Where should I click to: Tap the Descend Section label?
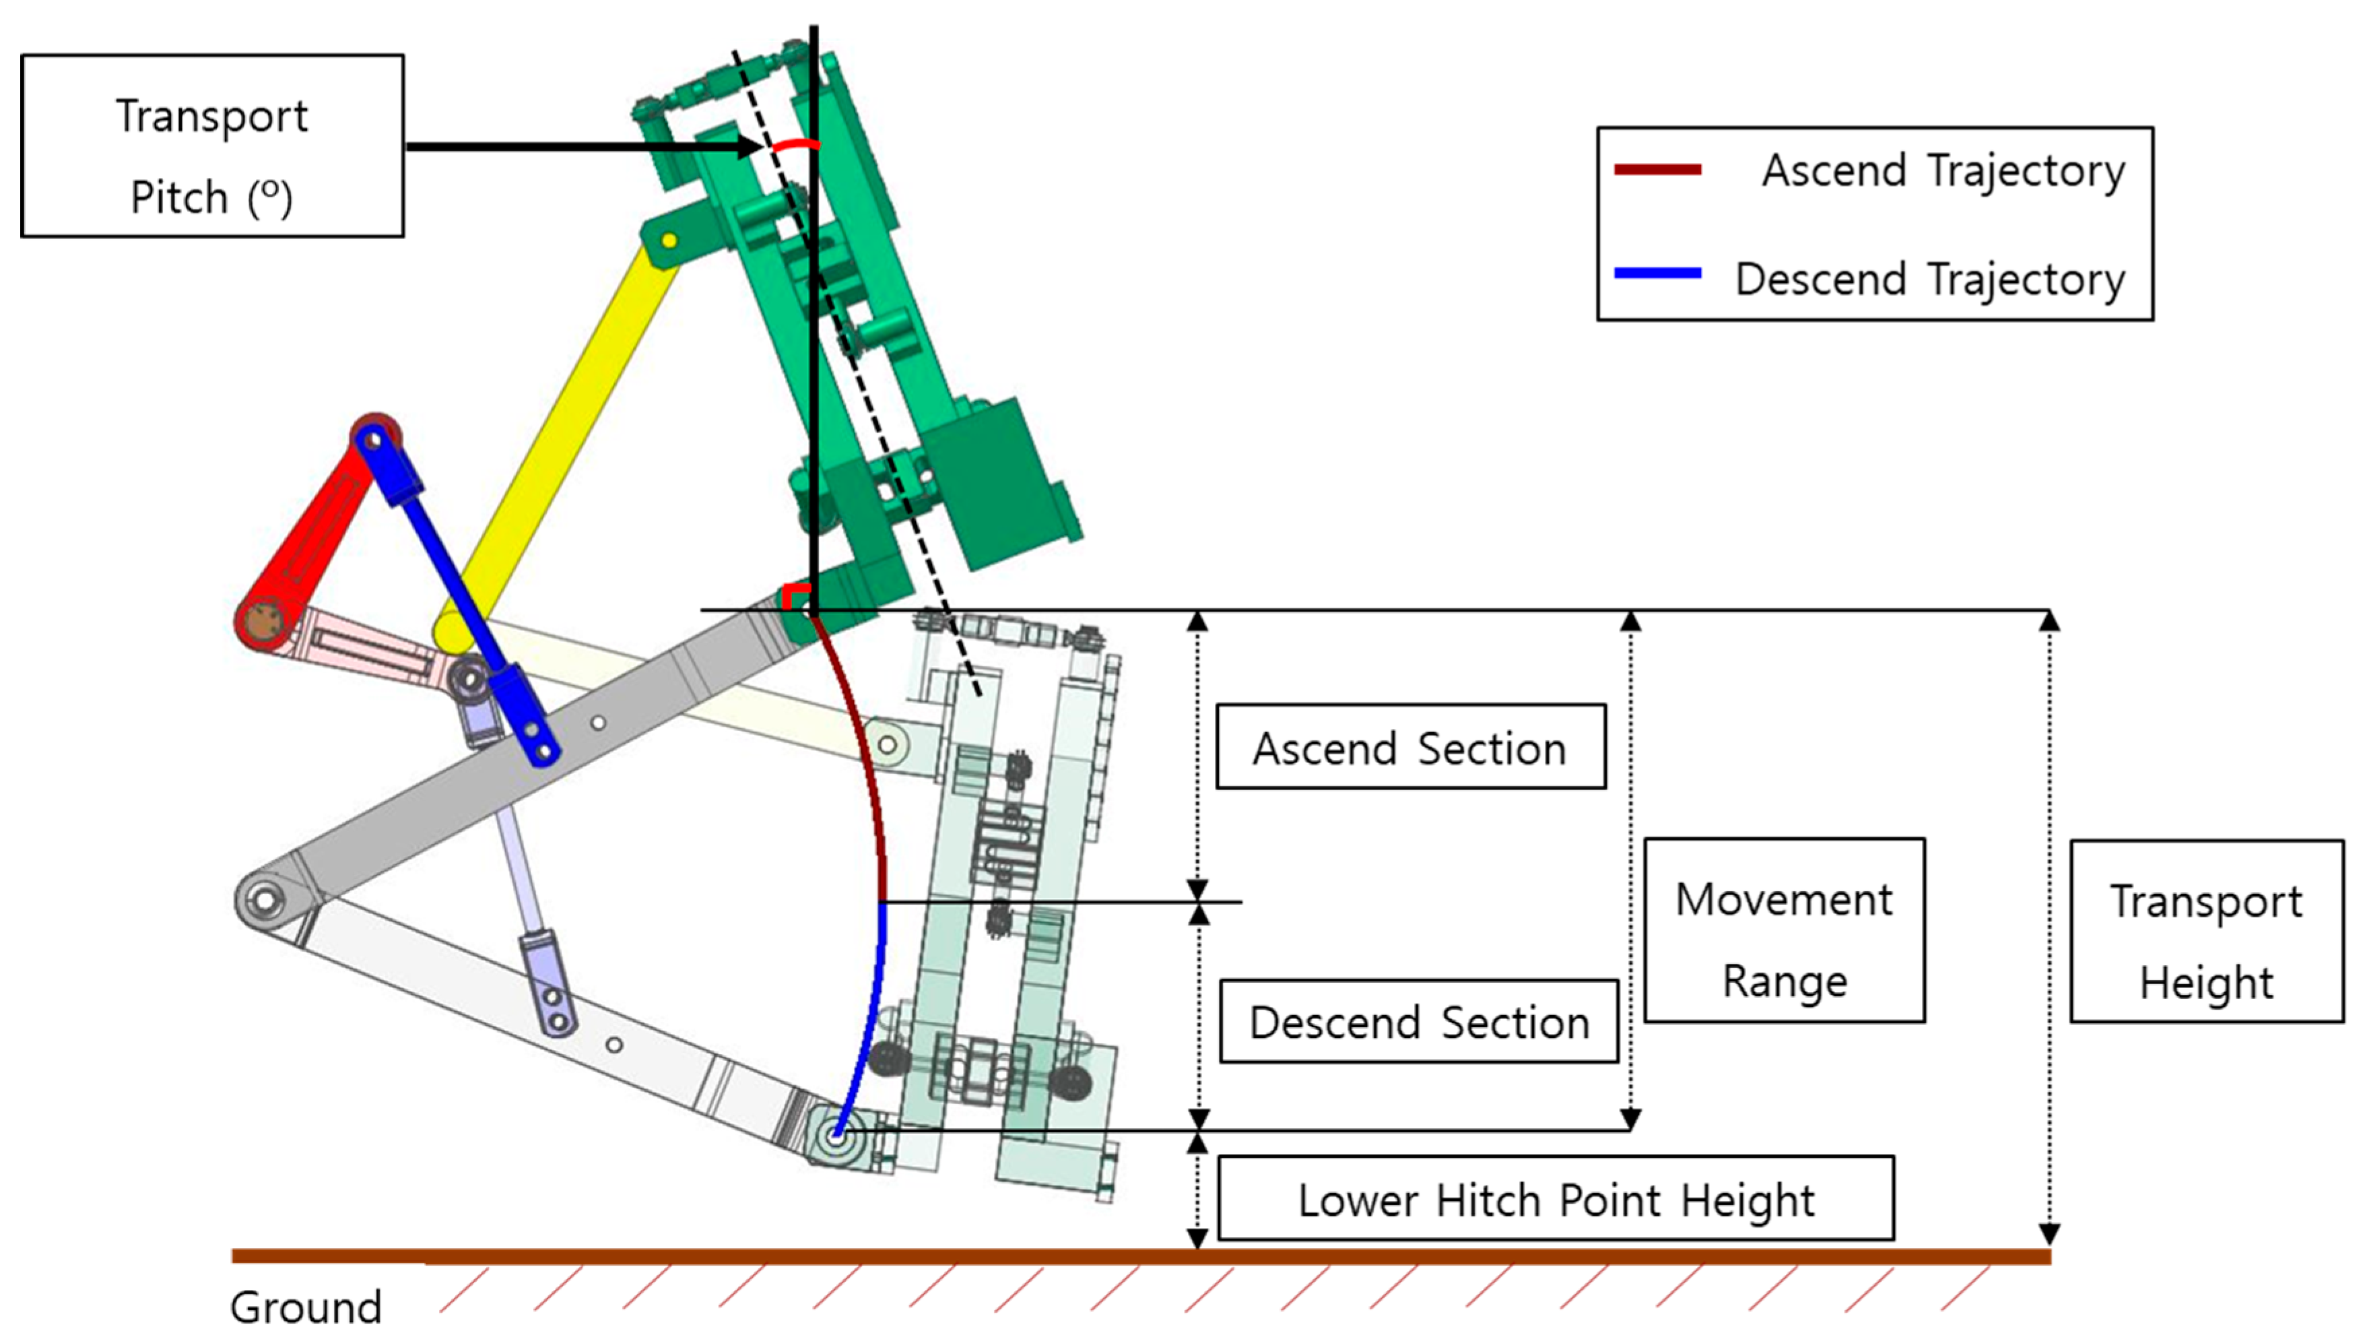1418,1021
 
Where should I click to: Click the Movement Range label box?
1784,930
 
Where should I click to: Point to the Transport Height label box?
2206,930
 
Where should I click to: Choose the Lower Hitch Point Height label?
1556,1198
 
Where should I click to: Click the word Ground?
305,1307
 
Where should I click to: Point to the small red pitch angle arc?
794,145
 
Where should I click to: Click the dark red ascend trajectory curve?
866,752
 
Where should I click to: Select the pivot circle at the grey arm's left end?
264,899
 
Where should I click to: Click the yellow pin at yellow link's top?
669,241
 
